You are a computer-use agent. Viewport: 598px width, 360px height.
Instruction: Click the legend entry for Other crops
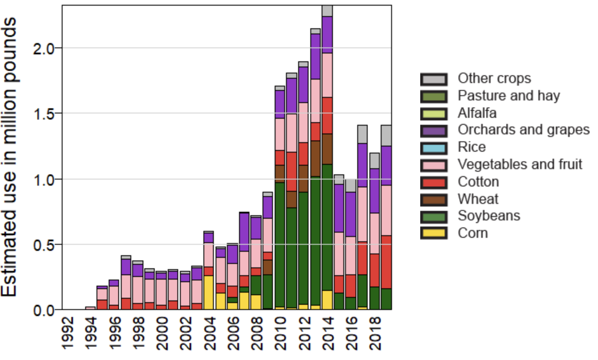point(494,79)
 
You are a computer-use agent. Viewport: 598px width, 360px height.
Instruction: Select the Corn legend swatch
point(433,233)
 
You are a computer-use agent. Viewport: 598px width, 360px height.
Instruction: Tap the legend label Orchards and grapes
point(523,130)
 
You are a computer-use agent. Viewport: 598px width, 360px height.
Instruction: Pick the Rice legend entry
point(472,147)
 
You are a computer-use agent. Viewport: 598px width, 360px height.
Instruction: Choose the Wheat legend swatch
point(433,199)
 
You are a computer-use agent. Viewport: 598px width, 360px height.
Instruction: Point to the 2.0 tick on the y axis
point(45,48)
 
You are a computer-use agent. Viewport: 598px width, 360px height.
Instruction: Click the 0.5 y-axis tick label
point(45,244)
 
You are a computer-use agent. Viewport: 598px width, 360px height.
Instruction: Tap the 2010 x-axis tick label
point(280,333)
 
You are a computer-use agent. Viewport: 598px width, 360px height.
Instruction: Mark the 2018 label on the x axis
point(375,333)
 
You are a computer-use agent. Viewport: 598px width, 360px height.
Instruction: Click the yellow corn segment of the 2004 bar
point(209,292)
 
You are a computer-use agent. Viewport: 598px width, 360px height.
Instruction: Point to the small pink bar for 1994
point(90,308)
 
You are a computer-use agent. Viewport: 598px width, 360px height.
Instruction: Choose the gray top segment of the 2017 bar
point(362,134)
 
